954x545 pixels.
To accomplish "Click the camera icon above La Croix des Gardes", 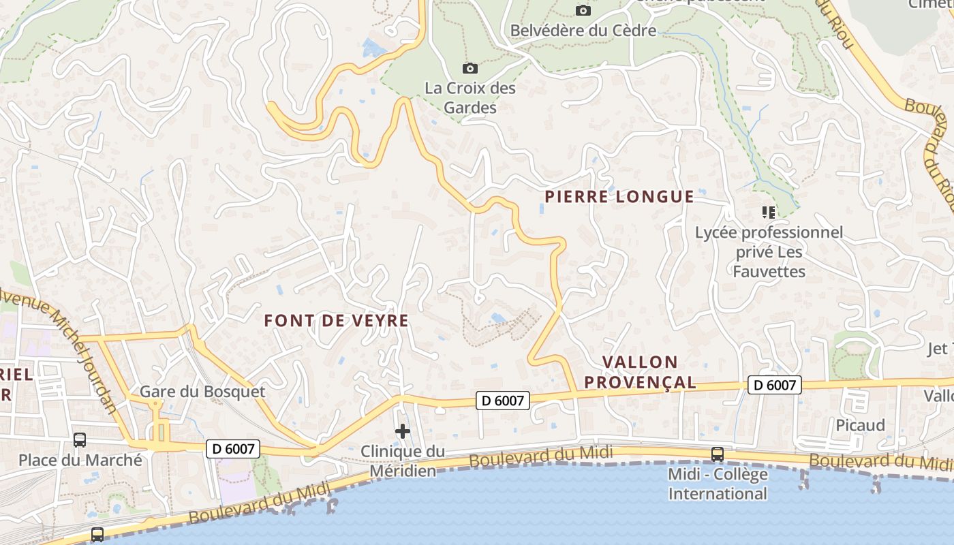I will (x=470, y=68).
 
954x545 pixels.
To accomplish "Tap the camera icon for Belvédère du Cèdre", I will (x=583, y=10).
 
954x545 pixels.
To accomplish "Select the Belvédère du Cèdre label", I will (x=583, y=31).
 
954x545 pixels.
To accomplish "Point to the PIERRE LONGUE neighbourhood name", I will (x=619, y=197).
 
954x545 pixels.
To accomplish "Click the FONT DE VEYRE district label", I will (x=337, y=320).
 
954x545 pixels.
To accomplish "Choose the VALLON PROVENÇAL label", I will (x=641, y=372).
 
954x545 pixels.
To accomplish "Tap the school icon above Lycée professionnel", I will (x=769, y=213).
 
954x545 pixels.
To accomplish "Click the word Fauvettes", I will (x=769, y=272).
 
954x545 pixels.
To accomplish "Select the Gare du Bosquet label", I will (x=202, y=392).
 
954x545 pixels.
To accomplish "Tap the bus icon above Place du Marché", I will (x=80, y=440).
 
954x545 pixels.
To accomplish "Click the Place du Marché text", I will (x=80, y=460).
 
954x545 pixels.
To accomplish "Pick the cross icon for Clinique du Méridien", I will (x=403, y=431).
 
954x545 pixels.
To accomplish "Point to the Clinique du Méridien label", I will (x=402, y=461).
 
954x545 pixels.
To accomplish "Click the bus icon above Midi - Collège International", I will (x=717, y=454).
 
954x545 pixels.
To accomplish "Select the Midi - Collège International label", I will (x=718, y=484).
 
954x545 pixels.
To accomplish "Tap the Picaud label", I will (x=861, y=426).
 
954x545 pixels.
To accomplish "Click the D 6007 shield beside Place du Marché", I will (x=233, y=449).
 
